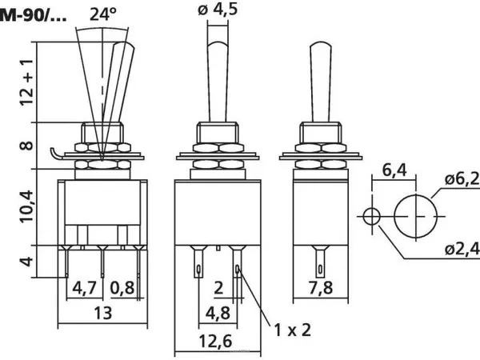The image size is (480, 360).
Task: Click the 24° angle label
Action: [103, 14]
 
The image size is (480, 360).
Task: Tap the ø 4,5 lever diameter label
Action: [218, 9]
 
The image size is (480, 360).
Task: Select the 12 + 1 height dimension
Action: [26, 82]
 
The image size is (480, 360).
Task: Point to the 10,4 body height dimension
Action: [26, 206]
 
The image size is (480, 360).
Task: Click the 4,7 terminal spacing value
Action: [84, 288]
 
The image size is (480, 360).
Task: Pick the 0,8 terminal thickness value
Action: [122, 288]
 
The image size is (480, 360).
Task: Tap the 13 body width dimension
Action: [102, 313]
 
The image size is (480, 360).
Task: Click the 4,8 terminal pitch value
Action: [218, 313]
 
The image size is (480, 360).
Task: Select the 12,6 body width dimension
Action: [215, 341]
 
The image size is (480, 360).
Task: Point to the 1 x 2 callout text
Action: [292, 330]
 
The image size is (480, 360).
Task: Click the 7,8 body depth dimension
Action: [320, 288]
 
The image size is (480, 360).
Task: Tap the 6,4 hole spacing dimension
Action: [394, 170]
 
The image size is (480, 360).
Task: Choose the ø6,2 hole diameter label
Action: [462, 179]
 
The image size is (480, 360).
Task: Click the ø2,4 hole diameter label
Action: [462, 250]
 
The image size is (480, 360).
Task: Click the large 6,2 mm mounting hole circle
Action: [394, 217]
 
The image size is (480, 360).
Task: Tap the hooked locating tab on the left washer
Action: [54, 153]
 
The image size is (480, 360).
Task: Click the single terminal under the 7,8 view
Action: [320, 261]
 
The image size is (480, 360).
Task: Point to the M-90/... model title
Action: [33, 16]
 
